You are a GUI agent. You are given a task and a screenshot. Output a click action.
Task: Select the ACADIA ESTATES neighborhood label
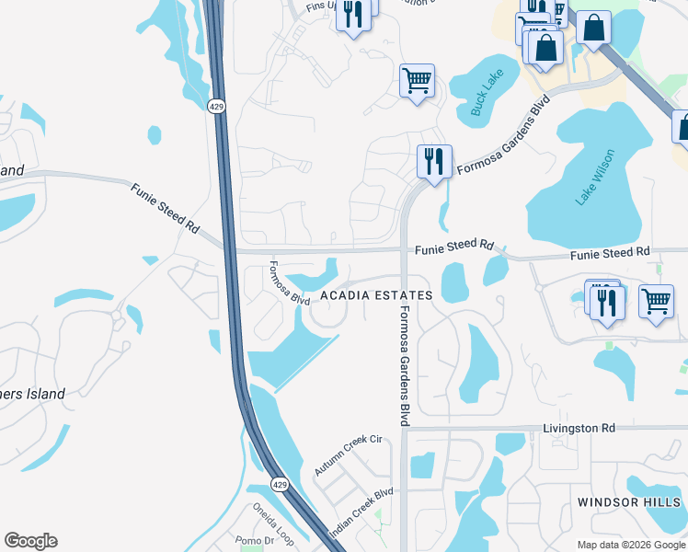coord(376,295)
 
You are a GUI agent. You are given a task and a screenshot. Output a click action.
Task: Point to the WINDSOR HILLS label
coord(629,502)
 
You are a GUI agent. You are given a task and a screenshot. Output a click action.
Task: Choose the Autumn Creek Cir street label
coord(348,455)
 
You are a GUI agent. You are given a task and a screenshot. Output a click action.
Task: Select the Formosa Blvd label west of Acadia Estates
coord(289,284)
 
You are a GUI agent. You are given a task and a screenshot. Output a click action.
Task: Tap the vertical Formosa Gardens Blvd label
coord(403,365)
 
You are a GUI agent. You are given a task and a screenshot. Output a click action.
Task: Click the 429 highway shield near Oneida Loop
coord(279,484)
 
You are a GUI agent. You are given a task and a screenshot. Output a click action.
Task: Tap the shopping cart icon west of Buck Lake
coord(417,81)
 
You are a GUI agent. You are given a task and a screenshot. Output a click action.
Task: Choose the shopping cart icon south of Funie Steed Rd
coord(656,300)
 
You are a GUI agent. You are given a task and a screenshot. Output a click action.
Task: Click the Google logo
coord(30,541)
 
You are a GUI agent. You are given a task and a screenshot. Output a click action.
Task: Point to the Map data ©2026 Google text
coord(630,545)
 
